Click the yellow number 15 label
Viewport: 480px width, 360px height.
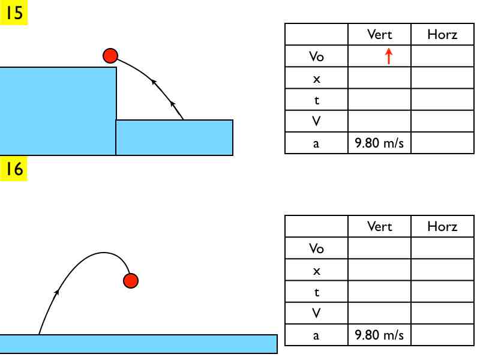tap(14, 13)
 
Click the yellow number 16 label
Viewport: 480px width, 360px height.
tap(14, 169)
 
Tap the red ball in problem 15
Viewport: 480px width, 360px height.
tap(110, 56)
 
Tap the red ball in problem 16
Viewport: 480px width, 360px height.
tap(131, 280)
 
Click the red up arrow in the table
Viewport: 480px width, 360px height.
tap(388, 56)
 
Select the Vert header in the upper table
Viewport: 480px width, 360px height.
tap(379, 34)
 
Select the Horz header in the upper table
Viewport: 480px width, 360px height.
tap(442, 34)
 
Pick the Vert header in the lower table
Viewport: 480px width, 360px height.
tap(379, 226)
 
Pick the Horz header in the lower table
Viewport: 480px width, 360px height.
tap(442, 226)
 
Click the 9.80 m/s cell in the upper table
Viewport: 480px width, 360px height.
tap(379, 143)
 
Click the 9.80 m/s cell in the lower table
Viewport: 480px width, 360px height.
tap(379, 335)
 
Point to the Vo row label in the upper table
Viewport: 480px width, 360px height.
tap(316, 56)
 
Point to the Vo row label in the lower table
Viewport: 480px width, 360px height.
tap(316, 248)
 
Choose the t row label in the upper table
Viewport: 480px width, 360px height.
tap(316, 100)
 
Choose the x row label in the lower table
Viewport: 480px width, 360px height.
tap(316, 271)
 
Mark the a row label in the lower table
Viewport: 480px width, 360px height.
tap(316, 335)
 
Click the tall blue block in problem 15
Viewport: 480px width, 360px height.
tap(57, 111)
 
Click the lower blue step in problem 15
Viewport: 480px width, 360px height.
tap(174, 137)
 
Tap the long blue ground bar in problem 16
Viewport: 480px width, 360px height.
tap(138, 344)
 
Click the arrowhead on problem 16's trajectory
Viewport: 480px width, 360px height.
tap(58, 292)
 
